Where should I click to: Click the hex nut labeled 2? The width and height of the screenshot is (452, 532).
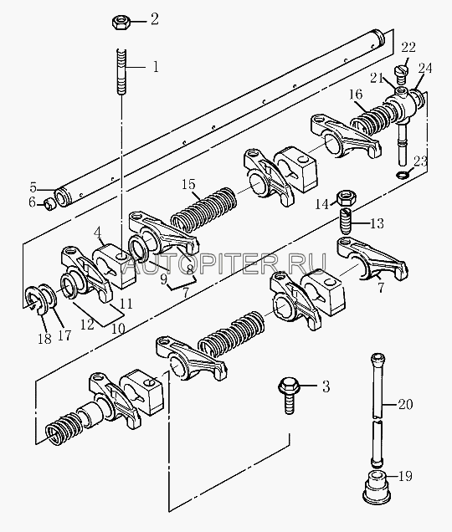tap(119, 22)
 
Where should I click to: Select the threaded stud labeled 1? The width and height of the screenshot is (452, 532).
tap(121, 72)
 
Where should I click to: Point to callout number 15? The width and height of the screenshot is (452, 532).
tap(189, 184)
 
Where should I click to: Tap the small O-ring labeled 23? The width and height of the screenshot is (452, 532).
tap(403, 175)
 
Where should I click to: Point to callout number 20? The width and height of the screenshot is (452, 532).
tap(405, 404)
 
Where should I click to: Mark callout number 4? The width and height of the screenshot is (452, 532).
tap(97, 233)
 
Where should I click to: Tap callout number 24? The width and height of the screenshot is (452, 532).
tap(425, 69)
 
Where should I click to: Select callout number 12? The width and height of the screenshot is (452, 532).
tap(87, 324)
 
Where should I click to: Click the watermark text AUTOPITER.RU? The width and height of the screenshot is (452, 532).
tap(225, 263)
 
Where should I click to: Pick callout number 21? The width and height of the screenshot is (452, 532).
tap(377, 79)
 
